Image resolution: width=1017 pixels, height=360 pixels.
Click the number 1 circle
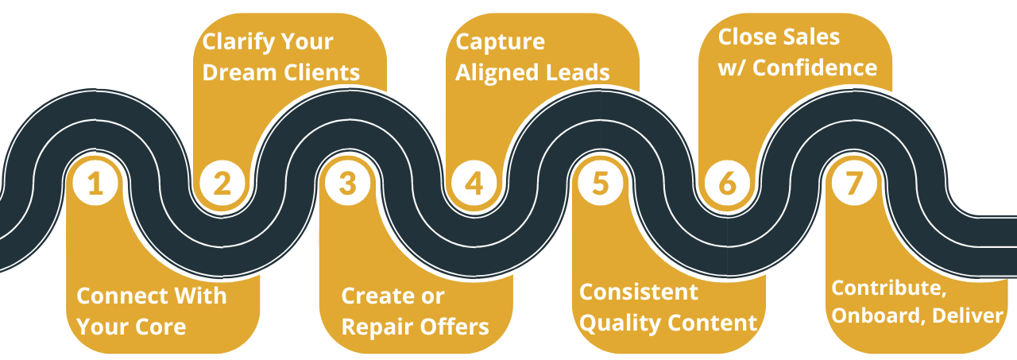click(x=95, y=184)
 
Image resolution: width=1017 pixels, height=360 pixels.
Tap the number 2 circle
click(x=222, y=184)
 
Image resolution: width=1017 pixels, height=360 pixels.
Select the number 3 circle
click(x=348, y=184)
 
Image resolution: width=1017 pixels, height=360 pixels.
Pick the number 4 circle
click(x=474, y=184)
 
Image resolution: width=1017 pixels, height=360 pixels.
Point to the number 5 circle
click(x=601, y=184)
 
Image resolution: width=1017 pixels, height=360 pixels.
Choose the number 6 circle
click(x=727, y=184)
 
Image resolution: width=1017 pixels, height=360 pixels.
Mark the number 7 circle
click(x=854, y=184)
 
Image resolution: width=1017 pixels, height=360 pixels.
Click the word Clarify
click(x=236, y=41)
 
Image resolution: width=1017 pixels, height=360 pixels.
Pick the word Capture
click(x=501, y=41)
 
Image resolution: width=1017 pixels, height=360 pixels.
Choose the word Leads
click(x=578, y=72)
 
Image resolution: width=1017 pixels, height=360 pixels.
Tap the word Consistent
click(x=638, y=292)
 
